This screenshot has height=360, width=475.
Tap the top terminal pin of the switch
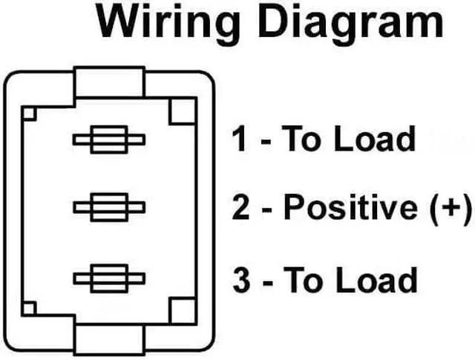(108, 140)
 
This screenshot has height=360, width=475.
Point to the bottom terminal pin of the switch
(108, 278)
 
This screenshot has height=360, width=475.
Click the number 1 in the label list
(239, 140)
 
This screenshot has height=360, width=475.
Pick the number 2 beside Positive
(240, 209)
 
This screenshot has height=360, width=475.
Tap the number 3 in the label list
(240, 280)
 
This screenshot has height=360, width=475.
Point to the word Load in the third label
(375, 280)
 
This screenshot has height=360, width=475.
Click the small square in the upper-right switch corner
(181, 112)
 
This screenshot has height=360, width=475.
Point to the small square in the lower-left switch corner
(30, 308)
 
